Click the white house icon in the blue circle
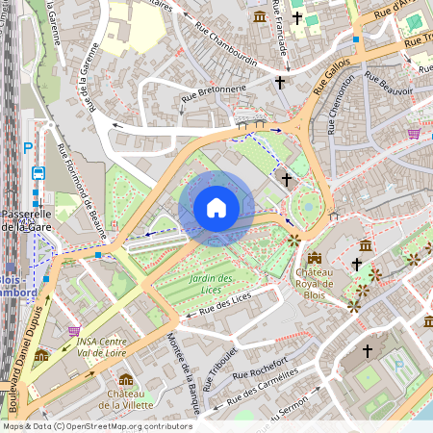[x=216, y=208]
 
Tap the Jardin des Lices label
[x=199, y=285]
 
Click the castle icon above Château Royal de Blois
[x=315, y=258]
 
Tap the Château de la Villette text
[x=126, y=399]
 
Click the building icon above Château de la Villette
[x=126, y=378]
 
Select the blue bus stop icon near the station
[x=38, y=173]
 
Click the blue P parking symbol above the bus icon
[x=28, y=148]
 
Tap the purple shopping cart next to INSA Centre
[x=74, y=331]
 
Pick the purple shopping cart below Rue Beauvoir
[x=414, y=134]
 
